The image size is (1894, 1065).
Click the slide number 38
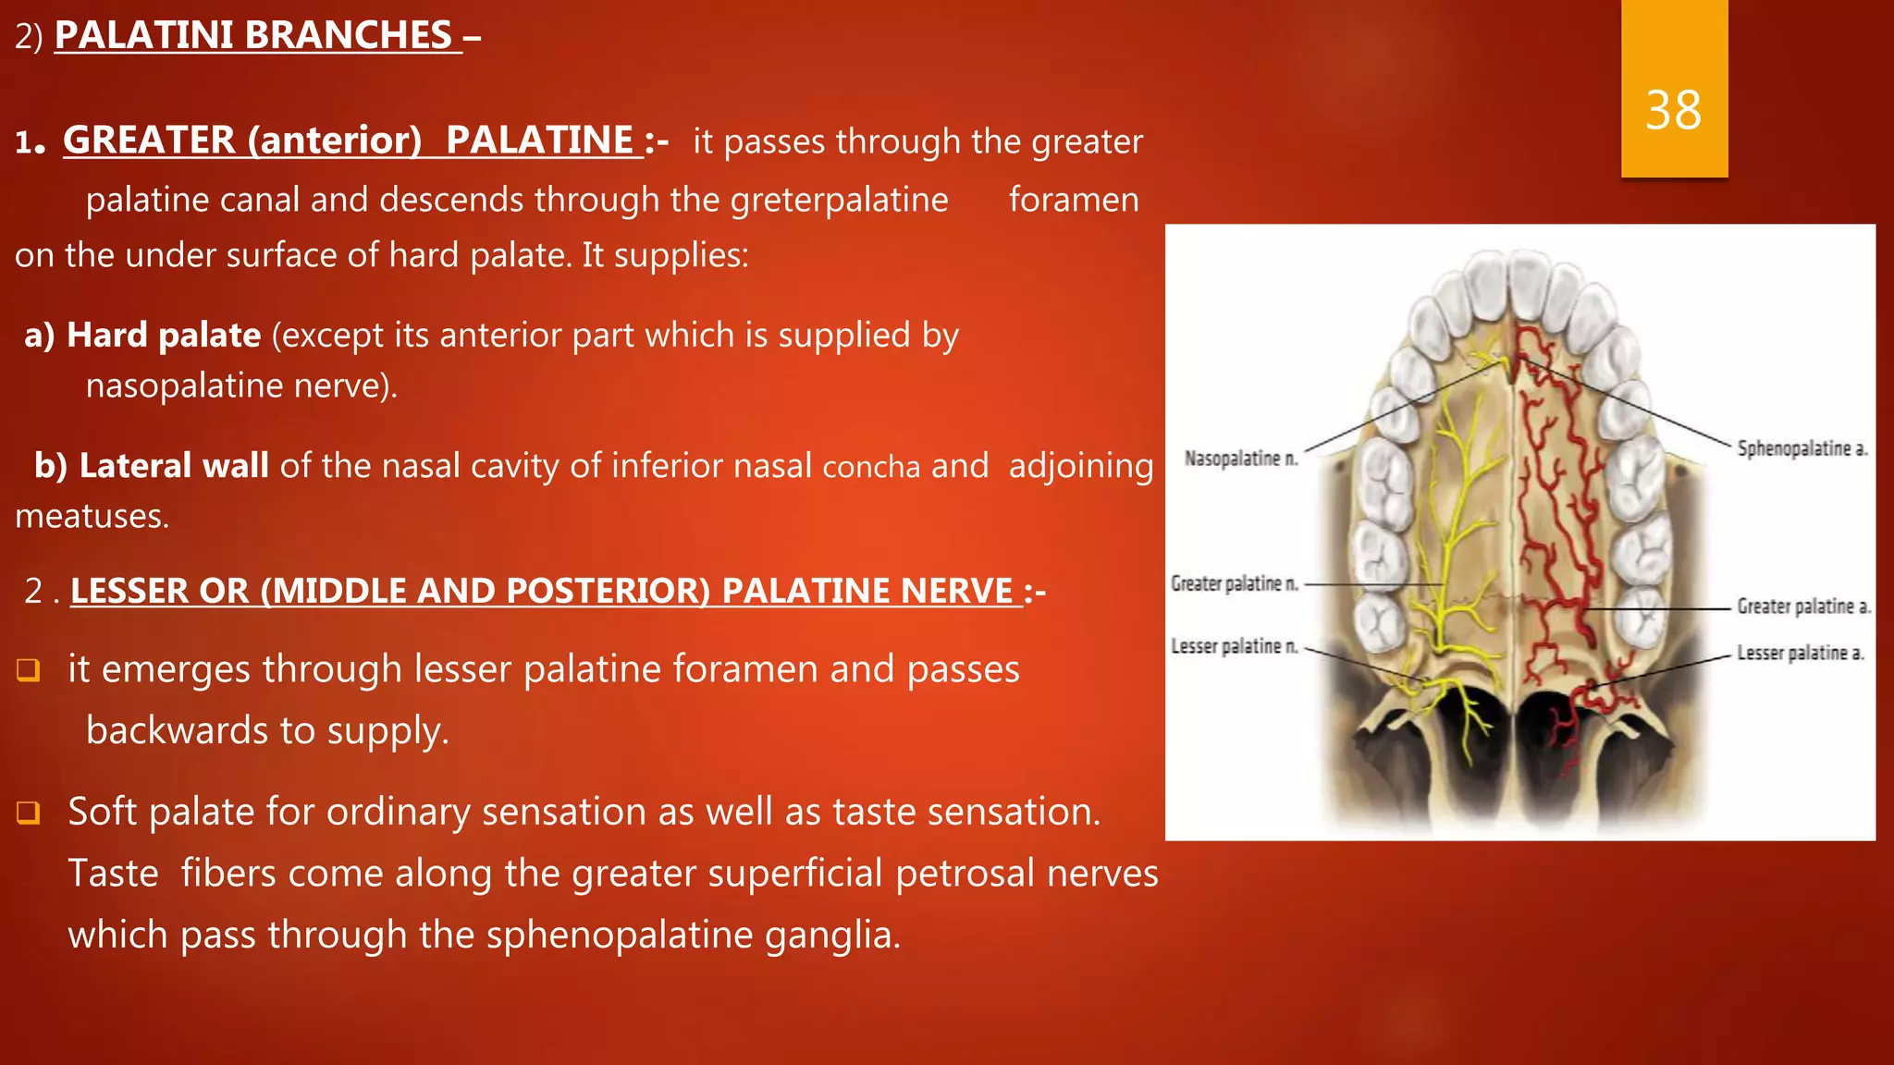[1673, 111]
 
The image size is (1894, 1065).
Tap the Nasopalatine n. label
[1241, 459]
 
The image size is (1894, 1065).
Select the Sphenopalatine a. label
[1802, 448]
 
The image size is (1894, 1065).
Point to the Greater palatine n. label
[1234, 583]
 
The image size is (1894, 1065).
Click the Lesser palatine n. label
[1234, 646]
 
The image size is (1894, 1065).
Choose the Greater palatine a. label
[1802, 606]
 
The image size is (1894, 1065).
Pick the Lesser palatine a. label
[1800, 653]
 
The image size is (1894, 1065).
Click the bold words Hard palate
[164, 335]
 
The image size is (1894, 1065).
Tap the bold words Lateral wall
[174, 465]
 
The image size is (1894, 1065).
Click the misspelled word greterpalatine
[839, 200]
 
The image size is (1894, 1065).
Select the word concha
[871, 467]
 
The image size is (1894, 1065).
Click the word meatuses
[92, 516]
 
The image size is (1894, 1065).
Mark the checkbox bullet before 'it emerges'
[29, 670]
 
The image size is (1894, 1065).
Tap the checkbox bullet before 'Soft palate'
[29, 813]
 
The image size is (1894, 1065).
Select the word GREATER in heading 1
[149, 141]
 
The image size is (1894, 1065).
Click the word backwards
[177, 730]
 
